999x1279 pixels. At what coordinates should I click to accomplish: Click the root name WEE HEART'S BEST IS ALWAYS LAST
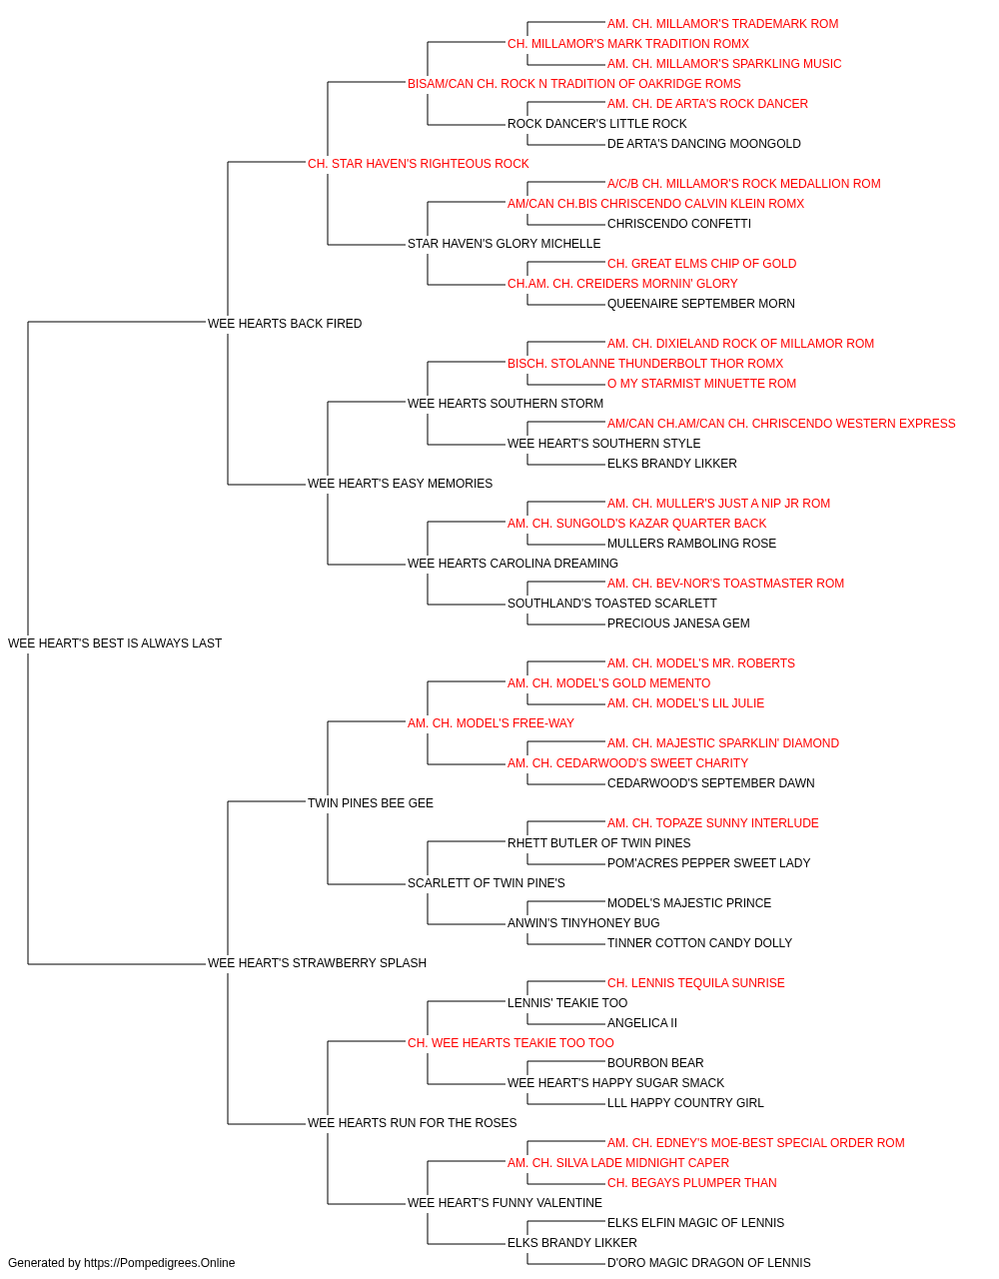pos(115,643)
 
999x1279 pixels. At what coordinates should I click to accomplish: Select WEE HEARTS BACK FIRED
pos(285,323)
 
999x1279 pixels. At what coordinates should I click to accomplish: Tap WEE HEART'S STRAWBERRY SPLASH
pos(317,963)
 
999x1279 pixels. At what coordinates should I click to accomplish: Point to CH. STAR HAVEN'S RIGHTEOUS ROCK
pos(419,164)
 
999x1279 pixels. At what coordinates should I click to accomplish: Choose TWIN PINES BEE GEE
pos(371,802)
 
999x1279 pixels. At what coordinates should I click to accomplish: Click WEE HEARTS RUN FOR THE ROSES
pos(413,1122)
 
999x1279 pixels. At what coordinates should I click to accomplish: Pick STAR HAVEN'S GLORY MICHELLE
pos(504,244)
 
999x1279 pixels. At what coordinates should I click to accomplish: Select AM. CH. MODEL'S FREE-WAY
pos(491,722)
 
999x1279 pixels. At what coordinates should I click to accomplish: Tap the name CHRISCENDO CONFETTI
pos(679,224)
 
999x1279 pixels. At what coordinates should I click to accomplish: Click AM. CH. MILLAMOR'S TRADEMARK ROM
pos(723,24)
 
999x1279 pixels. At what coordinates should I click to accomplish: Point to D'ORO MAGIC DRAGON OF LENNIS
pos(709,1263)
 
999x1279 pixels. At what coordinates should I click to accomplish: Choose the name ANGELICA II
pos(642,1023)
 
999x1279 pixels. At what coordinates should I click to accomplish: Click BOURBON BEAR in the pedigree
pos(655,1062)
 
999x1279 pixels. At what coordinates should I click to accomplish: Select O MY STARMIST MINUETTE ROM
pos(702,383)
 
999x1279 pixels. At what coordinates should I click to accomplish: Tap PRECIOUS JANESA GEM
pos(678,623)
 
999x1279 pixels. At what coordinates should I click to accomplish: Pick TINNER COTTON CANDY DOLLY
pos(699,943)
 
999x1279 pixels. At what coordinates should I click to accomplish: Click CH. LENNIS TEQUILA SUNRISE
pos(696,983)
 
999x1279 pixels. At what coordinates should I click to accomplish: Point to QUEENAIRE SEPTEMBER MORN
pos(701,303)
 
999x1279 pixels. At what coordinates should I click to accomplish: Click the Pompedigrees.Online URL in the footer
pos(160,1263)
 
